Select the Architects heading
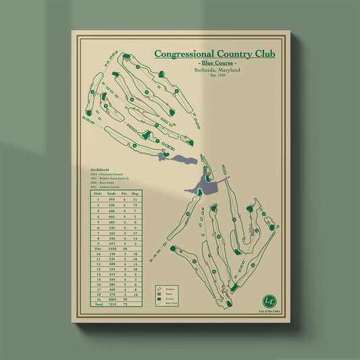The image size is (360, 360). [x=100, y=170]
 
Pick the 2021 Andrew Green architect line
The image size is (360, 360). [x=108, y=186]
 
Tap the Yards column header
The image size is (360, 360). [x=112, y=193]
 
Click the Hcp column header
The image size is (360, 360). [x=135, y=193]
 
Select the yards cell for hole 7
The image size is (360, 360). [x=112, y=232]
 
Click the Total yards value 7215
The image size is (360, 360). [x=112, y=304]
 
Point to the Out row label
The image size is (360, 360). [x=97, y=249]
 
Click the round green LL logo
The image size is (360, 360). [x=270, y=298]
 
